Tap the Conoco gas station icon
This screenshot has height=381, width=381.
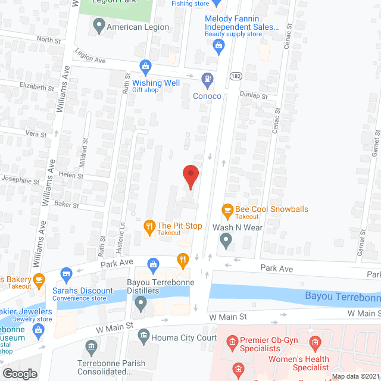click(207, 77)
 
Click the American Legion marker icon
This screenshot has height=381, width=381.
click(99, 27)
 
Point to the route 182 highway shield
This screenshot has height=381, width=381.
click(236, 76)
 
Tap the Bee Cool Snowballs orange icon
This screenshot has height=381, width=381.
click(227, 210)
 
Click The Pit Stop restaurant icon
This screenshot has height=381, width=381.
click(149, 226)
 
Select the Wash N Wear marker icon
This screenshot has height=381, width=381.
click(226, 241)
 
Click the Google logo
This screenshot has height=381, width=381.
click(20, 374)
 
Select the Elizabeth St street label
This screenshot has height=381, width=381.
click(37, 87)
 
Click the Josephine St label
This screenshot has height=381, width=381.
click(20, 181)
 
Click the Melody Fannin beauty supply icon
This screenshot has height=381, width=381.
click(220, 45)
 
